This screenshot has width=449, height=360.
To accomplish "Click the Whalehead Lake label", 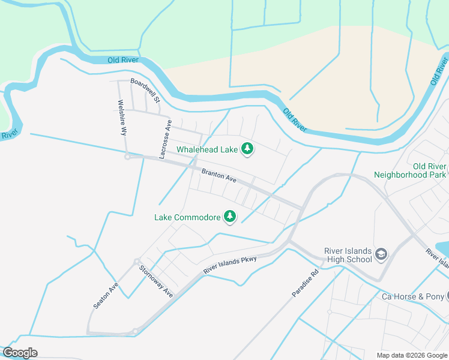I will pyautogui.click(x=207, y=149).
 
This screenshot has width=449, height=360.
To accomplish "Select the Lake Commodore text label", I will pyautogui.click(x=187, y=217).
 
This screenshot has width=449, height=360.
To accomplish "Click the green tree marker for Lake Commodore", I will pyautogui.click(x=229, y=216).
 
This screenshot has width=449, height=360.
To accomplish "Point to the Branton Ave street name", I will pyautogui.click(x=219, y=175).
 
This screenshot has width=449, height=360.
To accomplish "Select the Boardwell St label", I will pyautogui.click(x=145, y=90).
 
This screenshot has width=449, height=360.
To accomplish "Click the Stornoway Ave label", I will pyautogui.click(x=156, y=281).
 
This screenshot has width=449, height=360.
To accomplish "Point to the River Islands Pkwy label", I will pyautogui.click(x=230, y=265).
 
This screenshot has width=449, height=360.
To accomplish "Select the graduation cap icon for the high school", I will pyautogui.click(x=381, y=255).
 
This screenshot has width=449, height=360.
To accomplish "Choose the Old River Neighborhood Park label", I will pyautogui.click(x=411, y=170).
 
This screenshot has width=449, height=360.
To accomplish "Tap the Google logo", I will pyautogui.click(x=20, y=353).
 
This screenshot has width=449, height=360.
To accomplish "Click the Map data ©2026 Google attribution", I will pyautogui.click(x=412, y=355).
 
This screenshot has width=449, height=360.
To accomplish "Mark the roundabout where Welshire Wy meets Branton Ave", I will pyautogui.click(x=127, y=157).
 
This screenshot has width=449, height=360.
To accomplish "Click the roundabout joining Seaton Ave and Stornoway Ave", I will pyautogui.click(x=137, y=261).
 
